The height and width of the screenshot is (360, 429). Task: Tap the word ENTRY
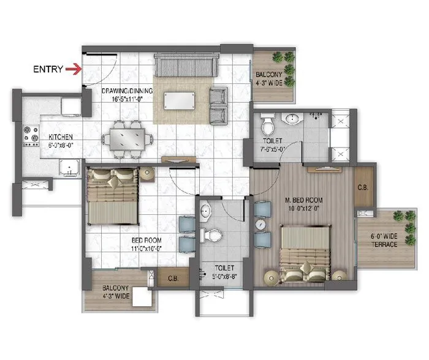pos(48,69)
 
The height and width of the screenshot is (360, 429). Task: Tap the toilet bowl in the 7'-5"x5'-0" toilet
pos(268,125)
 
